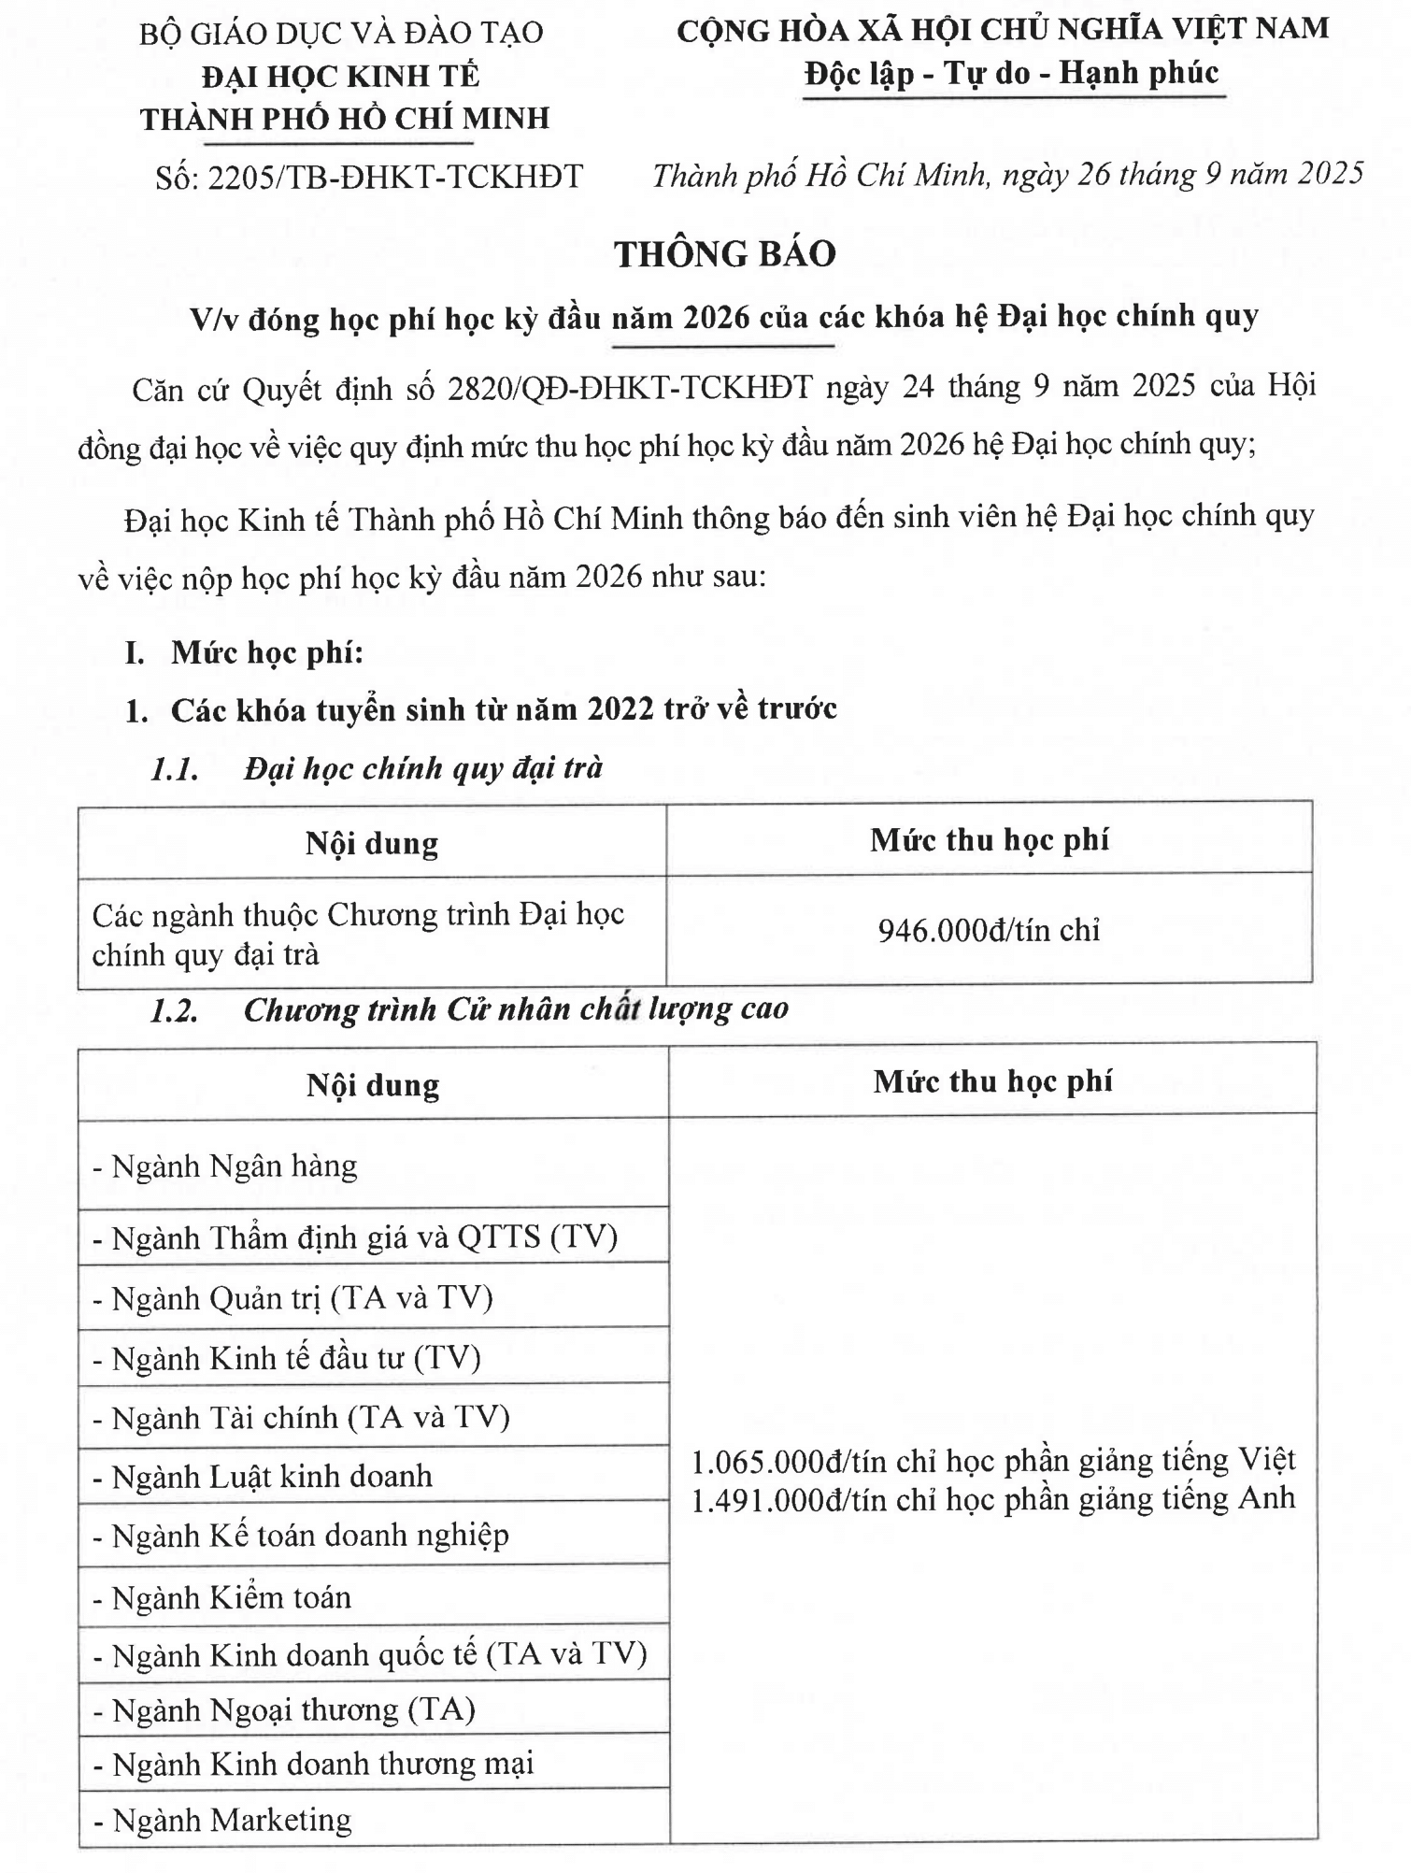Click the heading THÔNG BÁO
pos(724,254)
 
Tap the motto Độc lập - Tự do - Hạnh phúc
pos(1012,73)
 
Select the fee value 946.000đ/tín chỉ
pos(989,930)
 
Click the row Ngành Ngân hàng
pos(224,1165)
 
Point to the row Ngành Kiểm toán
pos(222,1597)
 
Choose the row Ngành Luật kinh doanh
pos(263,1476)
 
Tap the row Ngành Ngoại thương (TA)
pos(284,1709)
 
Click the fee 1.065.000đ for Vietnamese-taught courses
pos(993,1460)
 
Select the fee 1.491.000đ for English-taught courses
pos(993,1499)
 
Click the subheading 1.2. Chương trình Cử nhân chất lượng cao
pos(469,1009)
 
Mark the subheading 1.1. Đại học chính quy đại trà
pos(377,768)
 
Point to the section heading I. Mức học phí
pos(245,652)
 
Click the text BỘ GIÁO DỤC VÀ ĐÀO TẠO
pos(341,33)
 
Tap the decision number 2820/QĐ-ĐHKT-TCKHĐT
pos(630,387)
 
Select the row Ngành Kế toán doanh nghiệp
pos(301,1535)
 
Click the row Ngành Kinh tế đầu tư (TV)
pos(287,1357)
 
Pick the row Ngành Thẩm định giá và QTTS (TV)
pos(355,1237)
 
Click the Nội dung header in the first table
pos(372,843)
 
